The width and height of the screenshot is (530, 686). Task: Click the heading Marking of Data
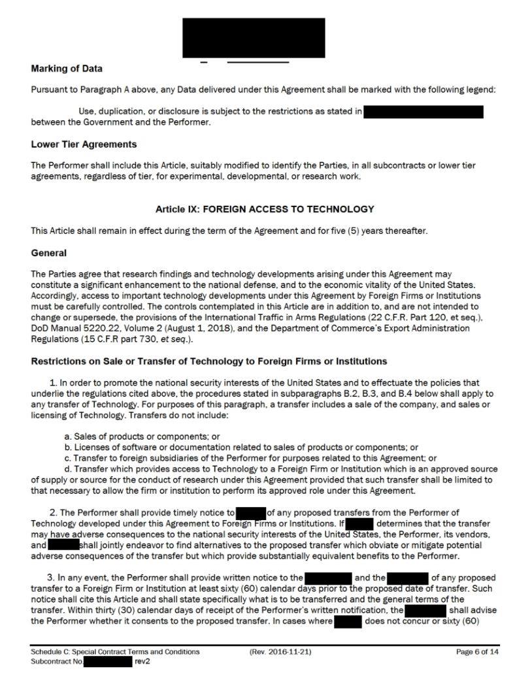[x=67, y=69]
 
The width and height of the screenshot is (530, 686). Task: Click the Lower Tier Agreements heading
[x=84, y=144]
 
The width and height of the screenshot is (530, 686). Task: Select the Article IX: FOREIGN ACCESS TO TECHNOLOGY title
[x=265, y=209]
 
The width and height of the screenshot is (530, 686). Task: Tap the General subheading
[x=49, y=252]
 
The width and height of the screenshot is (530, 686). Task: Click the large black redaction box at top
[x=254, y=37]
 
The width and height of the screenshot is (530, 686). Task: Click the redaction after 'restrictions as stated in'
[x=423, y=112]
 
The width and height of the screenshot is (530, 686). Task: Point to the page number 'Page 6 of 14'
[x=479, y=652]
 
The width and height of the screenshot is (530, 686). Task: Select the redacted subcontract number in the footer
[x=108, y=662]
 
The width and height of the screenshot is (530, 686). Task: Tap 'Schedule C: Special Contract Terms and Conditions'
[x=115, y=652]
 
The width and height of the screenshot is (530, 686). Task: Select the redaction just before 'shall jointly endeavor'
[x=63, y=545]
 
